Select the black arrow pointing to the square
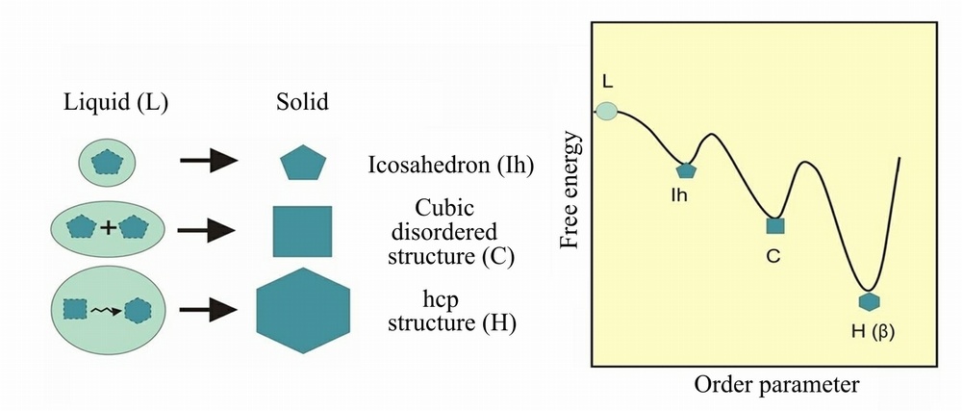(x=208, y=230)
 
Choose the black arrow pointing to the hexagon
(x=208, y=311)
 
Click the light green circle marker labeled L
(x=607, y=111)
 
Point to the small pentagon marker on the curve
(x=686, y=170)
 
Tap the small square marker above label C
(x=775, y=225)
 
